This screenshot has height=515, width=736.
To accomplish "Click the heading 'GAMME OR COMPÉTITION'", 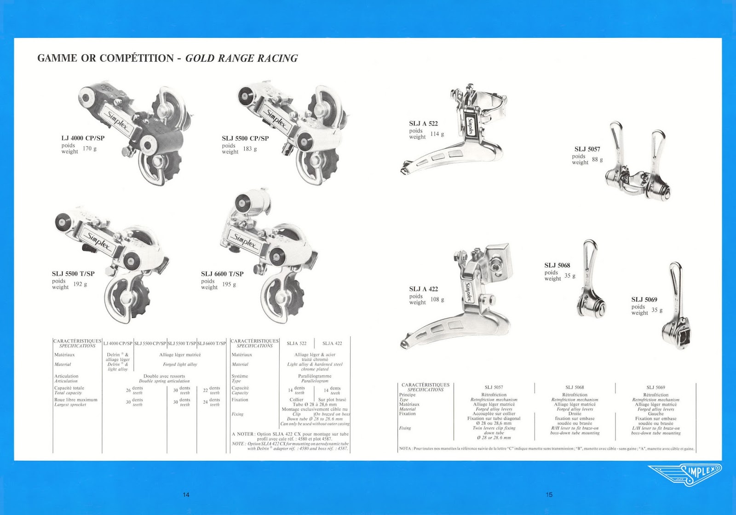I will [105, 58].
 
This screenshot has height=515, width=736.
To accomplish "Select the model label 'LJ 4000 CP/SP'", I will [83, 138].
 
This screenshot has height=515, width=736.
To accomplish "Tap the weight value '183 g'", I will [250, 149].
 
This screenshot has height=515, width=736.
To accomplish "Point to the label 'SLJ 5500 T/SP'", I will [73, 274].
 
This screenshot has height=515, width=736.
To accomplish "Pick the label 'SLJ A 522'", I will [423, 124].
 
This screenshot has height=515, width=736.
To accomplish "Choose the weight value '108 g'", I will [437, 300].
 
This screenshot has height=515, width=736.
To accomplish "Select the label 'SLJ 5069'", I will [644, 300].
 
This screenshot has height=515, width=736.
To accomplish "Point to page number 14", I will [186, 495].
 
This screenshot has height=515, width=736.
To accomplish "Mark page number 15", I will [549, 495].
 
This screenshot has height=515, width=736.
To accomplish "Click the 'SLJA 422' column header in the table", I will [332, 343].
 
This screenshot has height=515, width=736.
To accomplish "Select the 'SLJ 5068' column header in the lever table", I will [575, 388].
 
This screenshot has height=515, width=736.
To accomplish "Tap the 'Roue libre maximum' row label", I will [76, 400].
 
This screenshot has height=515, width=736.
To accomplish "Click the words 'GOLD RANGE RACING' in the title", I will [241, 58].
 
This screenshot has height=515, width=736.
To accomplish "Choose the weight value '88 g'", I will [597, 160].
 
